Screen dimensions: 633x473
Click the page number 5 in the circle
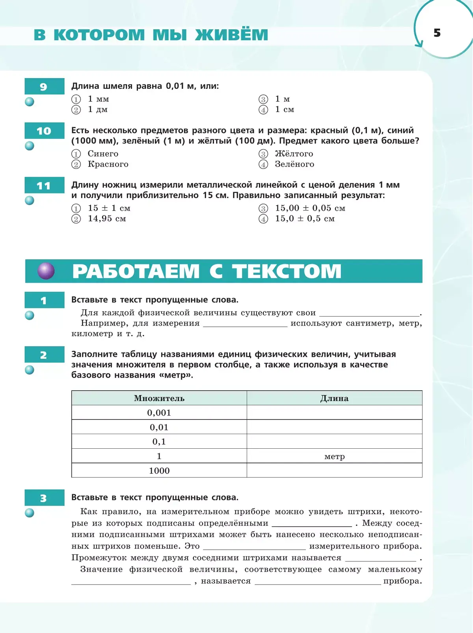(437, 33)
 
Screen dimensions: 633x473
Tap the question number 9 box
(44, 86)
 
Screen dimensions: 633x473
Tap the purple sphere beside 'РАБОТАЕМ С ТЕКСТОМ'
(46, 271)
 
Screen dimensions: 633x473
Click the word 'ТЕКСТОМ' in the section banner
(287, 272)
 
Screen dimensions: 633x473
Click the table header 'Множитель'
(159, 398)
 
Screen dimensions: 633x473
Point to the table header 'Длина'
(334, 398)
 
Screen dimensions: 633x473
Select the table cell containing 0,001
(159, 413)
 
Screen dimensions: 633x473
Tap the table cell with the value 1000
(159, 470)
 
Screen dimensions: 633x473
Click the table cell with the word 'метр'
(334, 456)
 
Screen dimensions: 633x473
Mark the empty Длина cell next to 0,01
(334, 427)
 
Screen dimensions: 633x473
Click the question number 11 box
(44, 185)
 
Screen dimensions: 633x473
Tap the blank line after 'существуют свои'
(369, 313)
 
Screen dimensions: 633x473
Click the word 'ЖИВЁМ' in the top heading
(232, 35)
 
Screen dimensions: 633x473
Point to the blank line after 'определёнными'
(312, 524)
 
